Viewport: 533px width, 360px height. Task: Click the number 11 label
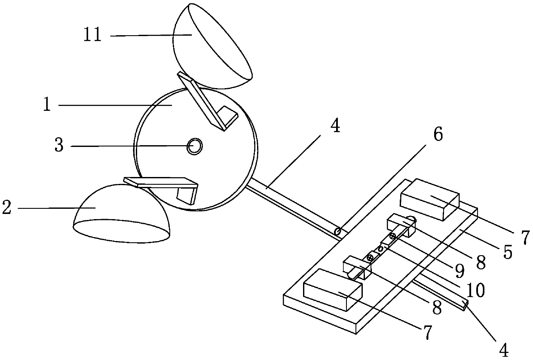click(92, 35)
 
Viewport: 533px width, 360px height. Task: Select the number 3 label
click(59, 146)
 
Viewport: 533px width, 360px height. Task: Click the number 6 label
click(437, 135)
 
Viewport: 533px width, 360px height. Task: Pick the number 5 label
click(508, 252)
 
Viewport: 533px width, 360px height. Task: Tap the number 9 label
click(459, 270)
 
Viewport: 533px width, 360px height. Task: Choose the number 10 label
click(475, 290)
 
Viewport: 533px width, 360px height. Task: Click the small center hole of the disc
click(195, 146)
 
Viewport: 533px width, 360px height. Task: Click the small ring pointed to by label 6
click(338, 232)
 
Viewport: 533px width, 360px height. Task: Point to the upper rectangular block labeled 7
click(429, 200)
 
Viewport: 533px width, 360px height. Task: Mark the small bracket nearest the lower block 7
click(356, 268)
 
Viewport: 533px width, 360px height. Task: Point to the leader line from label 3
click(129, 146)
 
